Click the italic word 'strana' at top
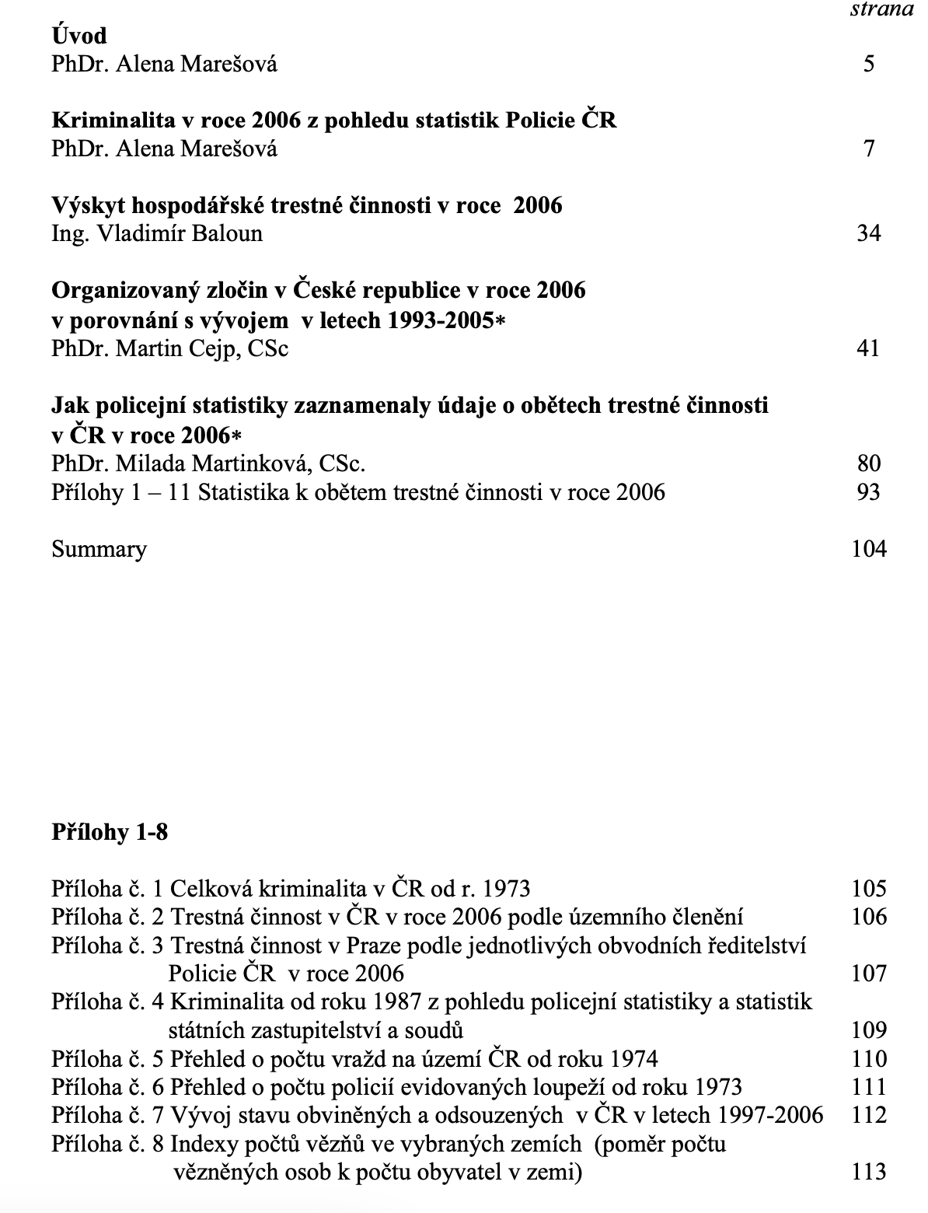point(881,9)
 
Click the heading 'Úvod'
point(79,35)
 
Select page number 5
point(869,64)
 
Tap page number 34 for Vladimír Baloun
point(869,233)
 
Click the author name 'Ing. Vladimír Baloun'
point(157,233)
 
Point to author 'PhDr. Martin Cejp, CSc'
point(169,348)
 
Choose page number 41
point(869,348)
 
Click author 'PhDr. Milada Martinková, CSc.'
point(208,463)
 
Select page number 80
point(869,463)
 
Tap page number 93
point(869,492)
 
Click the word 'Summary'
point(99,550)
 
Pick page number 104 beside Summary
point(869,550)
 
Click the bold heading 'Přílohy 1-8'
point(110,833)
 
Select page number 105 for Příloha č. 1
point(869,889)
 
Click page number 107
point(869,974)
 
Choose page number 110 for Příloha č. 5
point(869,1059)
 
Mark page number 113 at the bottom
point(869,1172)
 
